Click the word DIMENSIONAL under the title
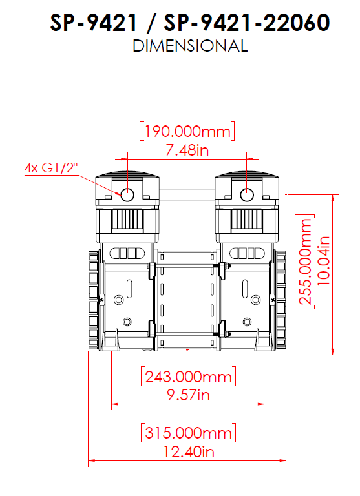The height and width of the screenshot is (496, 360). tap(190, 46)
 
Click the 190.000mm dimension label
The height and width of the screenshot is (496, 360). tap(187, 131)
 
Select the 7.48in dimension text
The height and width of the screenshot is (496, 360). tap(187, 150)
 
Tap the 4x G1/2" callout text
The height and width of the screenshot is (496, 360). tap(51, 167)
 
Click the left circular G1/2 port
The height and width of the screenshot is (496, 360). tap(127, 195)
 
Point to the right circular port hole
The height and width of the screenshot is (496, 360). tap(247, 195)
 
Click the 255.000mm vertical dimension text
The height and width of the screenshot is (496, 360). tap(305, 262)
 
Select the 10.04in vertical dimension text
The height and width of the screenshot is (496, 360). tap(323, 260)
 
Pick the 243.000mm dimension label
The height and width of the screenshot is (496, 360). tap(188, 377)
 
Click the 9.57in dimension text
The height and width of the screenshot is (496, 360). tap(188, 395)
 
